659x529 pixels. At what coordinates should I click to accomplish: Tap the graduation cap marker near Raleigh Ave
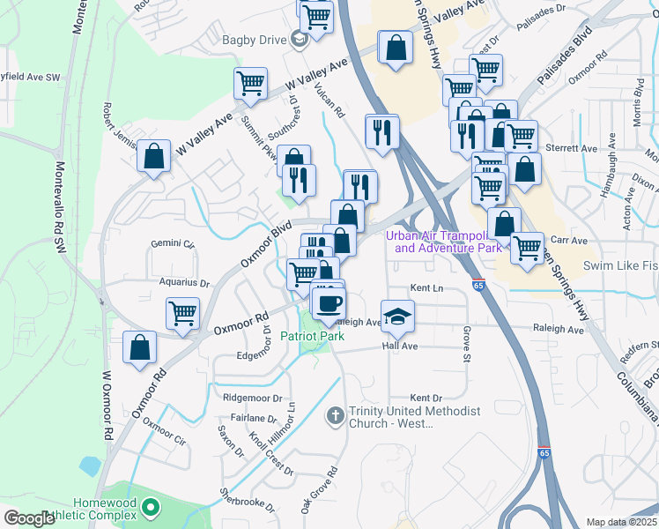397,315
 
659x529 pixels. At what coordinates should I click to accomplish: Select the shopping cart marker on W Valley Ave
251,83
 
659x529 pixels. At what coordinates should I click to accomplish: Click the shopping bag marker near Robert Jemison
154,157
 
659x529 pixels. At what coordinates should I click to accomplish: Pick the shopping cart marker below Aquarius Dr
182,313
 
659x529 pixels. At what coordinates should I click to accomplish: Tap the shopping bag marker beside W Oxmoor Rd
139,346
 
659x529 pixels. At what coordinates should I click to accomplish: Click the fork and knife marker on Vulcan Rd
381,131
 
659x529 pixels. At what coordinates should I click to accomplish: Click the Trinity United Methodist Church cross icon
335,414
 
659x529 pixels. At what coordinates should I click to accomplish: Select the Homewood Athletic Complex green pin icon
151,507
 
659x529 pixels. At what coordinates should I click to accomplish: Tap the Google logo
29,518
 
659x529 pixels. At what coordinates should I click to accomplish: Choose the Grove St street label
464,345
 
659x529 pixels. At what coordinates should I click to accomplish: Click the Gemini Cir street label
172,242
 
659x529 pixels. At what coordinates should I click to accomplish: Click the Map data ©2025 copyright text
621,522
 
